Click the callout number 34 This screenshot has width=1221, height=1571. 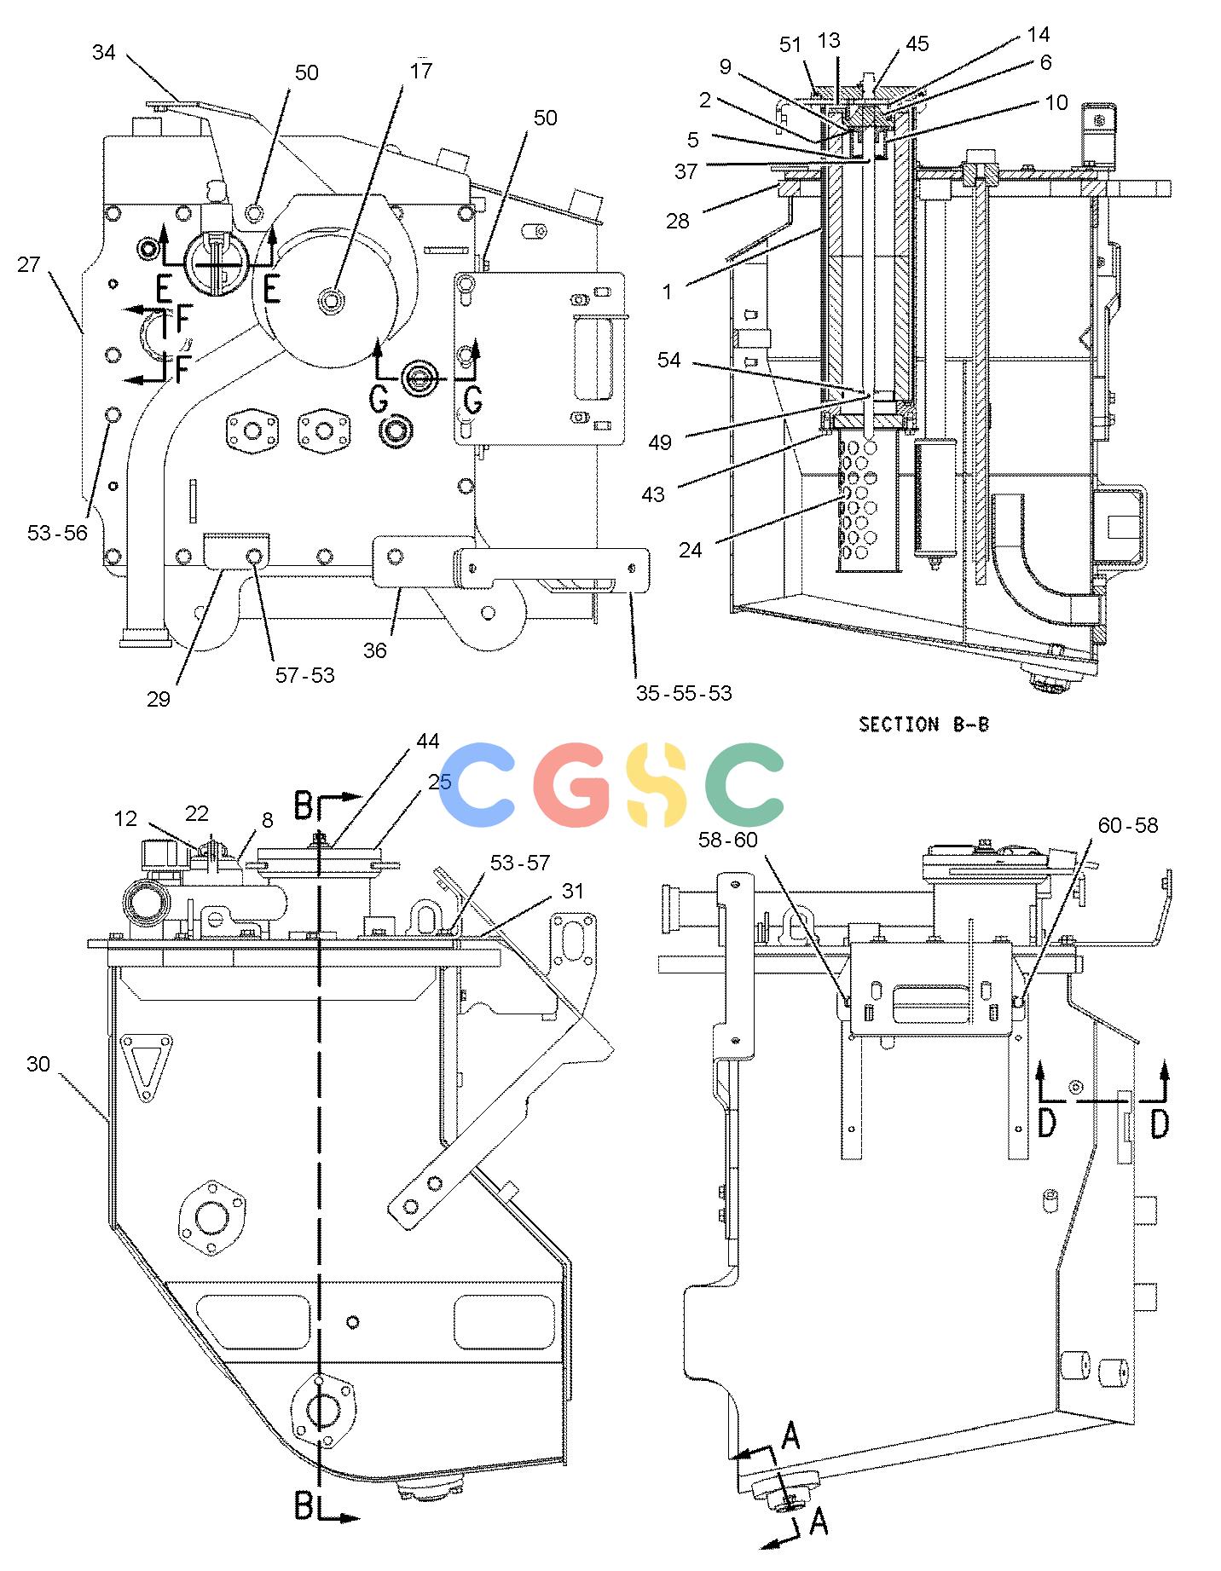tap(104, 53)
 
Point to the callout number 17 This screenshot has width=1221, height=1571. tap(421, 71)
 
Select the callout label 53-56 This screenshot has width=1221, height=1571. tap(58, 534)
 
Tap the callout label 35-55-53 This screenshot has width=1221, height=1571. tap(684, 693)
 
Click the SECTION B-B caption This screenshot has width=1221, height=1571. tap(924, 725)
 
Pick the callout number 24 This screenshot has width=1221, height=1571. tap(691, 550)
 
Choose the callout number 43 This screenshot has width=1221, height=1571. tap(653, 494)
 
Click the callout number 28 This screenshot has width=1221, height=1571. tap(677, 222)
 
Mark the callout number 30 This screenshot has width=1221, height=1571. tap(38, 1065)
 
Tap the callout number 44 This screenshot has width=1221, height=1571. tap(428, 742)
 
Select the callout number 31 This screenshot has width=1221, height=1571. tap(573, 891)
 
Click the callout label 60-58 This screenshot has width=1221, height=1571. tap(1128, 825)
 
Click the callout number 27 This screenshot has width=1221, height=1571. tap(29, 264)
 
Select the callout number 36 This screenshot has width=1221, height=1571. tap(375, 650)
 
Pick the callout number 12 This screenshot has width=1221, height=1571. tap(125, 818)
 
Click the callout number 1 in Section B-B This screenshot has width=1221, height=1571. tap(668, 292)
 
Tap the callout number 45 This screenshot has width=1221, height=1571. tap(917, 44)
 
